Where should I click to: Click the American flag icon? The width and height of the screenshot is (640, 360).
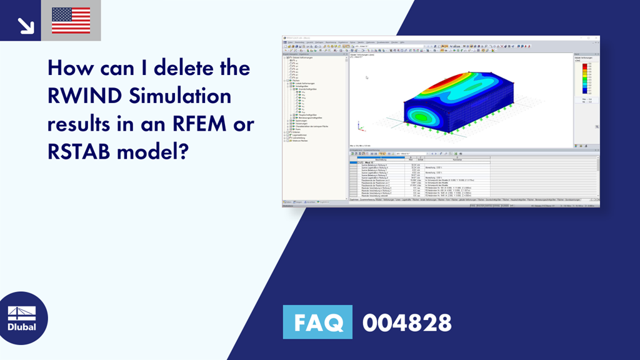[x=71, y=20]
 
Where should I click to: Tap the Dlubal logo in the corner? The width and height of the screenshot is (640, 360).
[x=21, y=319]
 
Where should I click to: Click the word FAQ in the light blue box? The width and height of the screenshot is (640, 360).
[x=317, y=322]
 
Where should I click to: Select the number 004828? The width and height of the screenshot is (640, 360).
[x=407, y=322]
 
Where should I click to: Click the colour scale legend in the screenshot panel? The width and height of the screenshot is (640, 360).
[x=585, y=78]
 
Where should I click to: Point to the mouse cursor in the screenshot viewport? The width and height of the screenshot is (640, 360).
[x=366, y=77]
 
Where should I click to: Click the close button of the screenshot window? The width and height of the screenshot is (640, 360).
[x=596, y=37]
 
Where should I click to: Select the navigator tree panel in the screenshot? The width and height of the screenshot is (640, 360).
[x=314, y=125]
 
